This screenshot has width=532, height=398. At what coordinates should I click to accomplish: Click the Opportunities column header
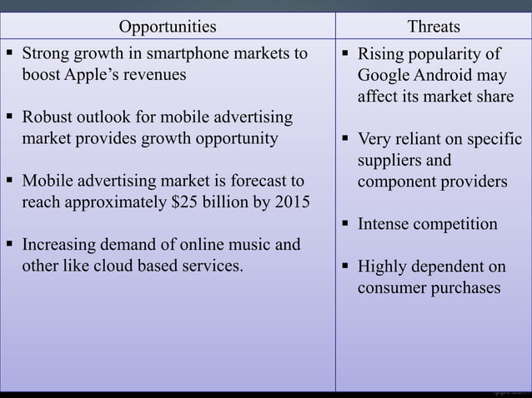coord(167,26)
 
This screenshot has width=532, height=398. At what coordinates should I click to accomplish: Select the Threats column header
coord(433,26)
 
